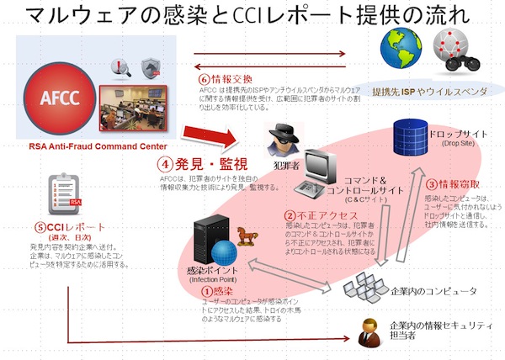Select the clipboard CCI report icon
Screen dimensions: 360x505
click(66, 198)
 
